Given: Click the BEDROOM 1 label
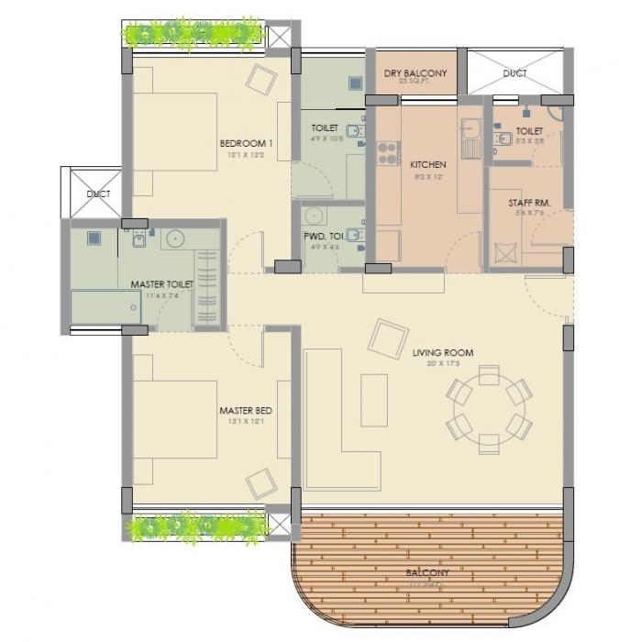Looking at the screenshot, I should tap(246, 143).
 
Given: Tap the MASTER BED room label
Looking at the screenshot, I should tap(246, 410).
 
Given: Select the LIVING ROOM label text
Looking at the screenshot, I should tap(442, 351).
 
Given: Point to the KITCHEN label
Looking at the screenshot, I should tap(427, 165).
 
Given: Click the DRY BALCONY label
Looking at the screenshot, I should tap(415, 72).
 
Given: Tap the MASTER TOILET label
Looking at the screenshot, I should tap(161, 284).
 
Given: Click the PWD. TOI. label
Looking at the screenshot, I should tap(325, 236).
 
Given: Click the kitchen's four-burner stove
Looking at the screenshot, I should tap(385, 153).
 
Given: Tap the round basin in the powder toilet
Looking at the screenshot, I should tap(315, 216).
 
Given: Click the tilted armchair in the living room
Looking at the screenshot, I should tap(386, 338).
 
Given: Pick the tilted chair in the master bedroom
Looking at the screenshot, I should tap(260, 482).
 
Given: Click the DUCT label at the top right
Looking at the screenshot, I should tap(514, 73).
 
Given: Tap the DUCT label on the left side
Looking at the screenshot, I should tap(97, 194).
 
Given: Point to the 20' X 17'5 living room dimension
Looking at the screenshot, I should tap(442, 363).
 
